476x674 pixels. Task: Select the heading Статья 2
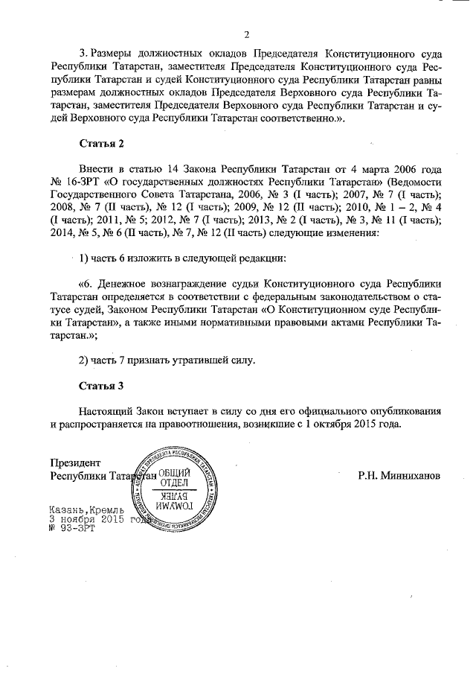(x=100, y=142)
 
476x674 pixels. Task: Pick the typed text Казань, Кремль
(x=81, y=509)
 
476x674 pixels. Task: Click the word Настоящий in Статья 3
(x=106, y=410)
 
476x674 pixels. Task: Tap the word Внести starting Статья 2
(x=96, y=168)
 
